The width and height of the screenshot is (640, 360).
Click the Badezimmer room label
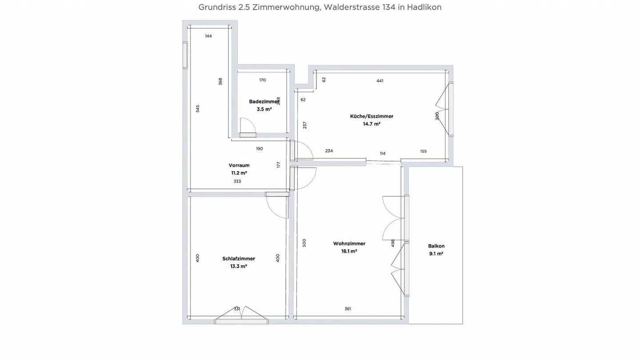pyautogui.click(x=264, y=101)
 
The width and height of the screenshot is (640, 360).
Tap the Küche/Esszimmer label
pyautogui.click(x=372, y=116)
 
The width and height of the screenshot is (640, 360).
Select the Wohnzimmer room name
pyautogui.click(x=349, y=244)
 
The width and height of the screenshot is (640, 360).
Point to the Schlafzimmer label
pyautogui.click(x=239, y=259)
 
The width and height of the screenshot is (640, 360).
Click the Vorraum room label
pyautogui.click(x=239, y=165)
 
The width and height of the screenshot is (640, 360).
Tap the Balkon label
pyautogui.click(x=436, y=246)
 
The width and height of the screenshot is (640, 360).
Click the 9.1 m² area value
pyautogui.click(x=436, y=254)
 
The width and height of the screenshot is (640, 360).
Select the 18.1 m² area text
pyautogui.click(x=349, y=251)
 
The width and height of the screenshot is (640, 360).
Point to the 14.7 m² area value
pyautogui.click(x=372, y=124)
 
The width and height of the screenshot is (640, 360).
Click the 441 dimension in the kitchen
pyautogui.click(x=380, y=81)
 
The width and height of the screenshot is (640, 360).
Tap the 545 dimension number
pyautogui.click(x=198, y=108)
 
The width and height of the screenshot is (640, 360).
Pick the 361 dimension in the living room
pyautogui.click(x=348, y=309)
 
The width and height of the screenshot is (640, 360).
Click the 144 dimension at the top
pyautogui.click(x=208, y=36)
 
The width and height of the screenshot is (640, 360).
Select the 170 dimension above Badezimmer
pyautogui.click(x=262, y=80)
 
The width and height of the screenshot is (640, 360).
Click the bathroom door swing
pyautogui.click(x=247, y=125)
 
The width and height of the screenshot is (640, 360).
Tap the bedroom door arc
pyautogui.click(x=276, y=207)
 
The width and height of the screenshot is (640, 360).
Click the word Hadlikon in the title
pyautogui.click(x=424, y=8)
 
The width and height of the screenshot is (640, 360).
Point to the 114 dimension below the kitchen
pyautogui.click(x=383, y=154)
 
